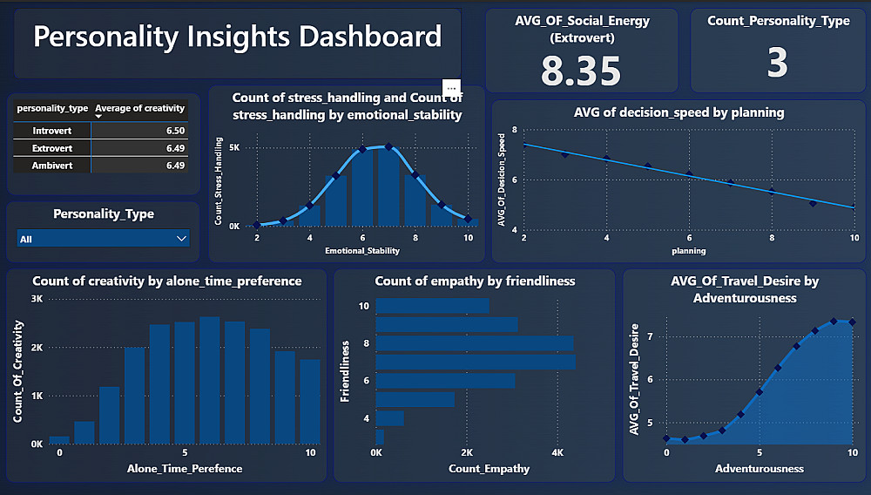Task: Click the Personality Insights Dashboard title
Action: tap(237, 37)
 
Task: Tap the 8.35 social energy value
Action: tap(581, 71)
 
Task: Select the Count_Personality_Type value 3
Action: tap(777, 64)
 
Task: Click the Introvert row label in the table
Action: tap(51, 131)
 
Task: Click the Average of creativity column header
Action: tap(139, 109)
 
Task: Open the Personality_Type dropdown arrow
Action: tap(181, 238)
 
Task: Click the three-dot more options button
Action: tap(451, 88)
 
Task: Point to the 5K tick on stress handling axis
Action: tap(234, 148)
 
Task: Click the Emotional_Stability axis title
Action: tap(361, 251)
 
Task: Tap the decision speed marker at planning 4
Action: tap(606, 159)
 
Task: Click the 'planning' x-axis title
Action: tap(688, 251)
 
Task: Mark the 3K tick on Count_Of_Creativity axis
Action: tap(37, 298)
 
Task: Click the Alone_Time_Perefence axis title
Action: tap(185, 468)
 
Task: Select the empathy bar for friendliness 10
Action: tap(432, 306)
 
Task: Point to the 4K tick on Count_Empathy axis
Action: tap(557, 453)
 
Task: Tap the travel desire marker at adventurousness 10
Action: tap(853, 322)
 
